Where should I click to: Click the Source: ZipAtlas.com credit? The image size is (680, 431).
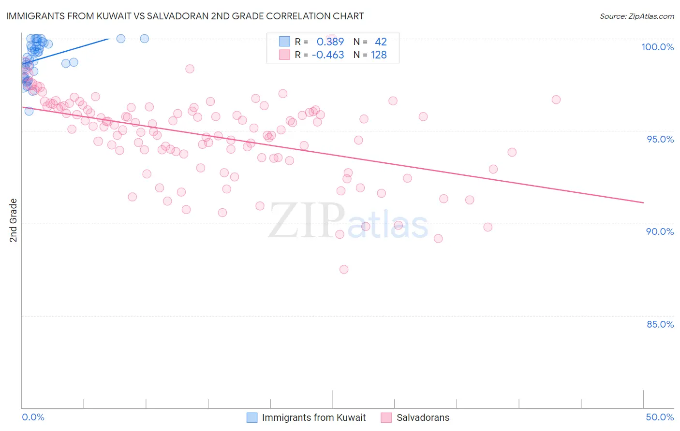coord(636,16)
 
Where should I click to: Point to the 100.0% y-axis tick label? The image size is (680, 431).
coord(657,47)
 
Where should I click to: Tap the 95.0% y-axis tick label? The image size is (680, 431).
coord(660,139)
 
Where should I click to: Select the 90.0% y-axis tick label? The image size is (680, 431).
coord(660,231)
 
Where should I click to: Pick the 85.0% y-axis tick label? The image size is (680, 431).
coord(660,324)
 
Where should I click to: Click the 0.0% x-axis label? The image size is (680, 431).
coord(33,417)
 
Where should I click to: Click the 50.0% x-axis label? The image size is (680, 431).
coord(660,417)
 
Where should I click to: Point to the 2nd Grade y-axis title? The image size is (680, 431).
coord(14,220)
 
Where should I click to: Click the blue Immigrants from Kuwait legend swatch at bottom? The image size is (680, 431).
coord(252,417)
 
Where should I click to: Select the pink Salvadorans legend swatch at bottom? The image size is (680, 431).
coord(386,417)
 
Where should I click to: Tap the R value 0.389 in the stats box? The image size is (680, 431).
coord(330,42)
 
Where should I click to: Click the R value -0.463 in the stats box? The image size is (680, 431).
coord(327,55)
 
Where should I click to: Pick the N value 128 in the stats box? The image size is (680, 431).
coord(379,55)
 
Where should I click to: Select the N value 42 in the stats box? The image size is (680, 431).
coord(381,42)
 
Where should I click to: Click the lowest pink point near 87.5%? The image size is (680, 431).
coord(344,269)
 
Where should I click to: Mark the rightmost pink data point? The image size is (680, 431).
coord(556,100)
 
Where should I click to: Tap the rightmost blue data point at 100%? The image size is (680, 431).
coord(144,39)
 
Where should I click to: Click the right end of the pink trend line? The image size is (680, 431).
coord(643,202)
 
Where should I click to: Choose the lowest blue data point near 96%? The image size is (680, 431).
coord(29,111)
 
